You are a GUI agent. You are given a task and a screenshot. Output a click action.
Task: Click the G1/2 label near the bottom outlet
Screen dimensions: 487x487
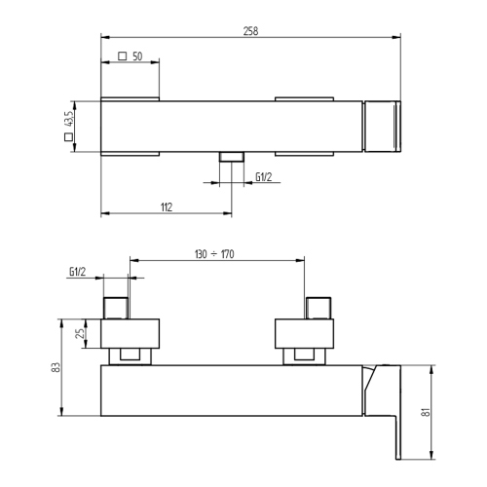click(x=263, y=176)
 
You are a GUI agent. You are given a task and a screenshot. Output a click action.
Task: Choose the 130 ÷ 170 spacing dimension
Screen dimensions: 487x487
click(x=217, y=253)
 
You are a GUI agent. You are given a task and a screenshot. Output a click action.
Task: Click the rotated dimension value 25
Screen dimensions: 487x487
click(x=81, y=334)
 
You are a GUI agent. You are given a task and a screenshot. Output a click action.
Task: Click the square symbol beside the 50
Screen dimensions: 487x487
click(x=121, y=57)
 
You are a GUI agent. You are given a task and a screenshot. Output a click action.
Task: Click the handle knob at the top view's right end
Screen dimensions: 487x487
click(x=381, y=127)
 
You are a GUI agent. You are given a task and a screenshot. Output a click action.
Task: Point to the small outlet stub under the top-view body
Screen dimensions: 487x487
click(x=231, y=158)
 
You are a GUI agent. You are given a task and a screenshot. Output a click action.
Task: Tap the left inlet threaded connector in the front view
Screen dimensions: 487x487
click(x=117, y=306)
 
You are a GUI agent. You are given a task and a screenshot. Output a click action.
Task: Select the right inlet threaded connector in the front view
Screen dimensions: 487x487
click(x=319, y=306)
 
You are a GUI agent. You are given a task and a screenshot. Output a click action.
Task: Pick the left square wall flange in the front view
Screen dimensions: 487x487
click(x=131, y=333)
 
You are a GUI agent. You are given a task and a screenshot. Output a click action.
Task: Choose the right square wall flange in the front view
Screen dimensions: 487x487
click(x=304, y=333)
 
